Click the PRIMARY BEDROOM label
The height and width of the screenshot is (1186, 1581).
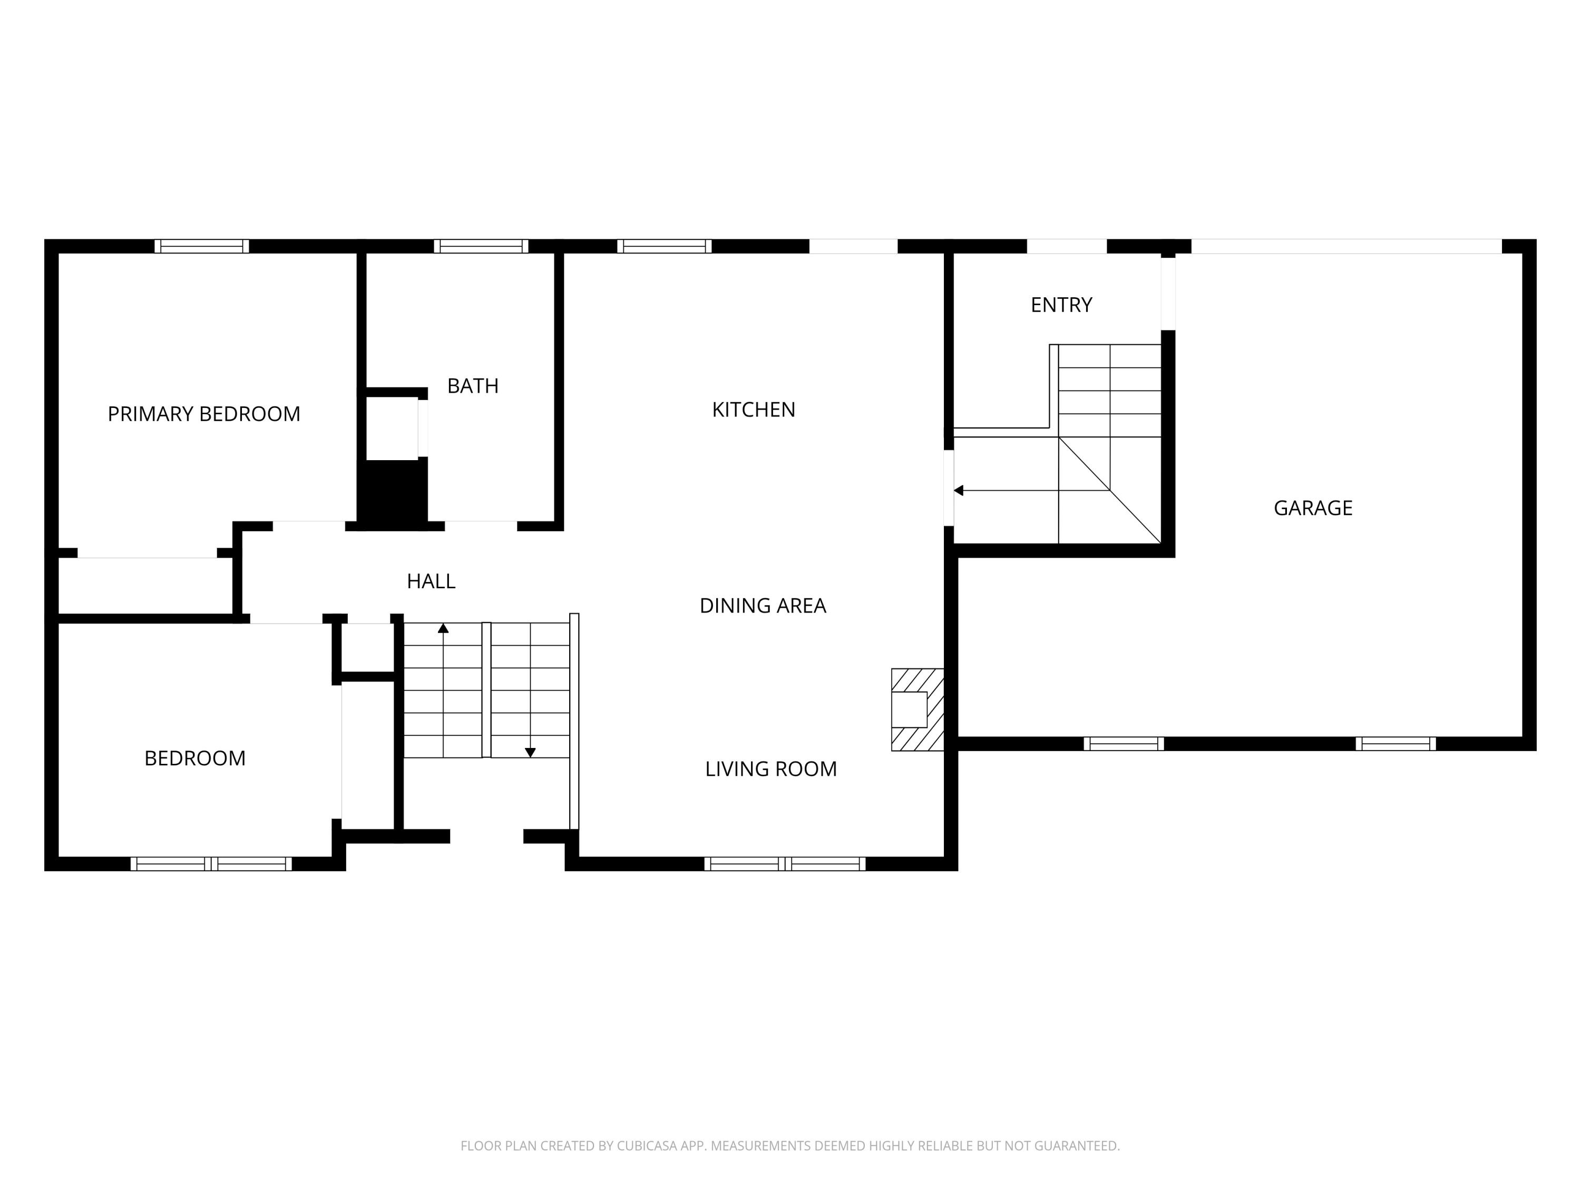pos(204,414)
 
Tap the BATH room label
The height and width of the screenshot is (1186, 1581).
pos(472,386)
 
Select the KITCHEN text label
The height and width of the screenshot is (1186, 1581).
pos(753,410)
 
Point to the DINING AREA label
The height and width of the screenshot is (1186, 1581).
pos(763,606)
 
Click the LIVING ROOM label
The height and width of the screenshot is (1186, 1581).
pos(770,769)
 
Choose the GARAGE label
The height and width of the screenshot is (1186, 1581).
pos(1313,508)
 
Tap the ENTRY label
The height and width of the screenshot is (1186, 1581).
pos(1061,305)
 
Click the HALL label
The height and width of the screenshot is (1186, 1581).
pos(431,581)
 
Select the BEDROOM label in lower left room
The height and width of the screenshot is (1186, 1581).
pos(195,758)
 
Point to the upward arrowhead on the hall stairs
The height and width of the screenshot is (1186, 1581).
pos(443,628)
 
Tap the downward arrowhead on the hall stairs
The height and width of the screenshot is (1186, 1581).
pos(530,752)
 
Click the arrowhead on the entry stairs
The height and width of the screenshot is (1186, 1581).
pos(959,490)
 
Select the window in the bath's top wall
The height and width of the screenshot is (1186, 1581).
pos(481,246)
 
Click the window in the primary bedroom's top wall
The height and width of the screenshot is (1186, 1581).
pos(201,246)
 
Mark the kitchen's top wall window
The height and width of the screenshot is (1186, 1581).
pos(664,246)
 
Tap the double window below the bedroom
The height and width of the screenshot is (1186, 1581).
pos(211,863)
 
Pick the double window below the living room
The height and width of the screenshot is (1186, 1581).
pos(785,863)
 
